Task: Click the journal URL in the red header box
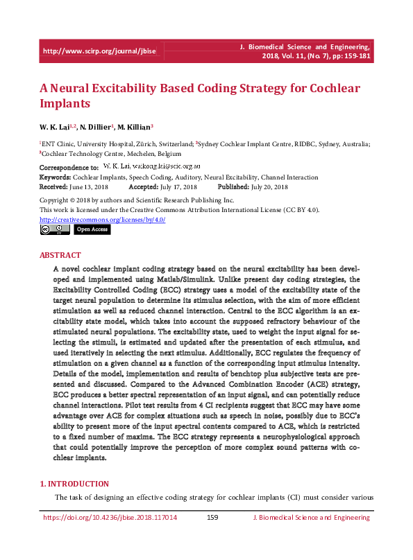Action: coord(99,51)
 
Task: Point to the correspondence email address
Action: coord(166,167)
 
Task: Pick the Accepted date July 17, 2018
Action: coord(178,187)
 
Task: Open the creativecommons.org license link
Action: coord(103,219)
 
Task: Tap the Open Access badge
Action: coord(92,229)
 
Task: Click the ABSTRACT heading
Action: coord(60,255)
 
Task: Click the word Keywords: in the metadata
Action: coord(56,177)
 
